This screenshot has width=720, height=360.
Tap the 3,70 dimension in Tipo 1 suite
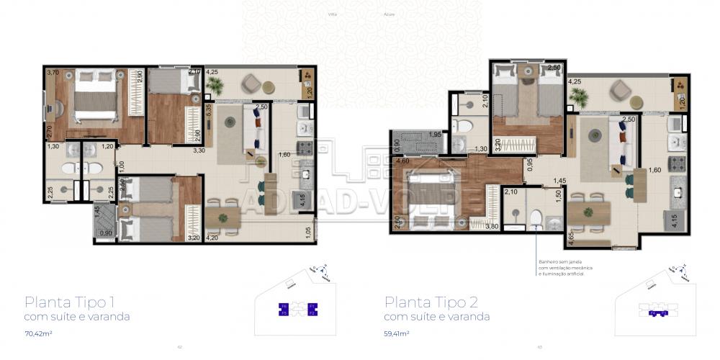click(x=53, y=73)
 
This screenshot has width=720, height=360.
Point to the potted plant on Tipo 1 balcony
click(x=213, y=86)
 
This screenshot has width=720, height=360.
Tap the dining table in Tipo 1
click(x=222, y=217)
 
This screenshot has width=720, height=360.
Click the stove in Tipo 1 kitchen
click(x=305, y=148)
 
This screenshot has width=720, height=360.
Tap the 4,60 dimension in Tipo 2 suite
click(x=403, y=162)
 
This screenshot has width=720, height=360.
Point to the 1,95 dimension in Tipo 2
click(x=435, y=135)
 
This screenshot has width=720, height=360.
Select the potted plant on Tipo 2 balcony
click(x=575, y=96)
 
